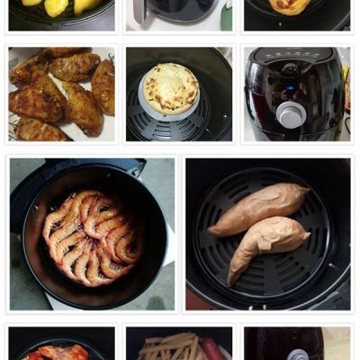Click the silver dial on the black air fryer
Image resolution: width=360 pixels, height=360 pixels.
click(x=291, y=113)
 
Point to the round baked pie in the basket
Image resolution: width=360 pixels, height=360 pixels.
click(x=171, y=87)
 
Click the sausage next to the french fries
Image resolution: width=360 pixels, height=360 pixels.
click(x=212, y=348)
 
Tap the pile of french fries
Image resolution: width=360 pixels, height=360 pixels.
click(x=171, y=346)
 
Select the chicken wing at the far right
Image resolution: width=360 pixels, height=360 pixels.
click(x=103, y=85)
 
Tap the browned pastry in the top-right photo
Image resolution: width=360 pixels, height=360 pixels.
click(x=290, y=5)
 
